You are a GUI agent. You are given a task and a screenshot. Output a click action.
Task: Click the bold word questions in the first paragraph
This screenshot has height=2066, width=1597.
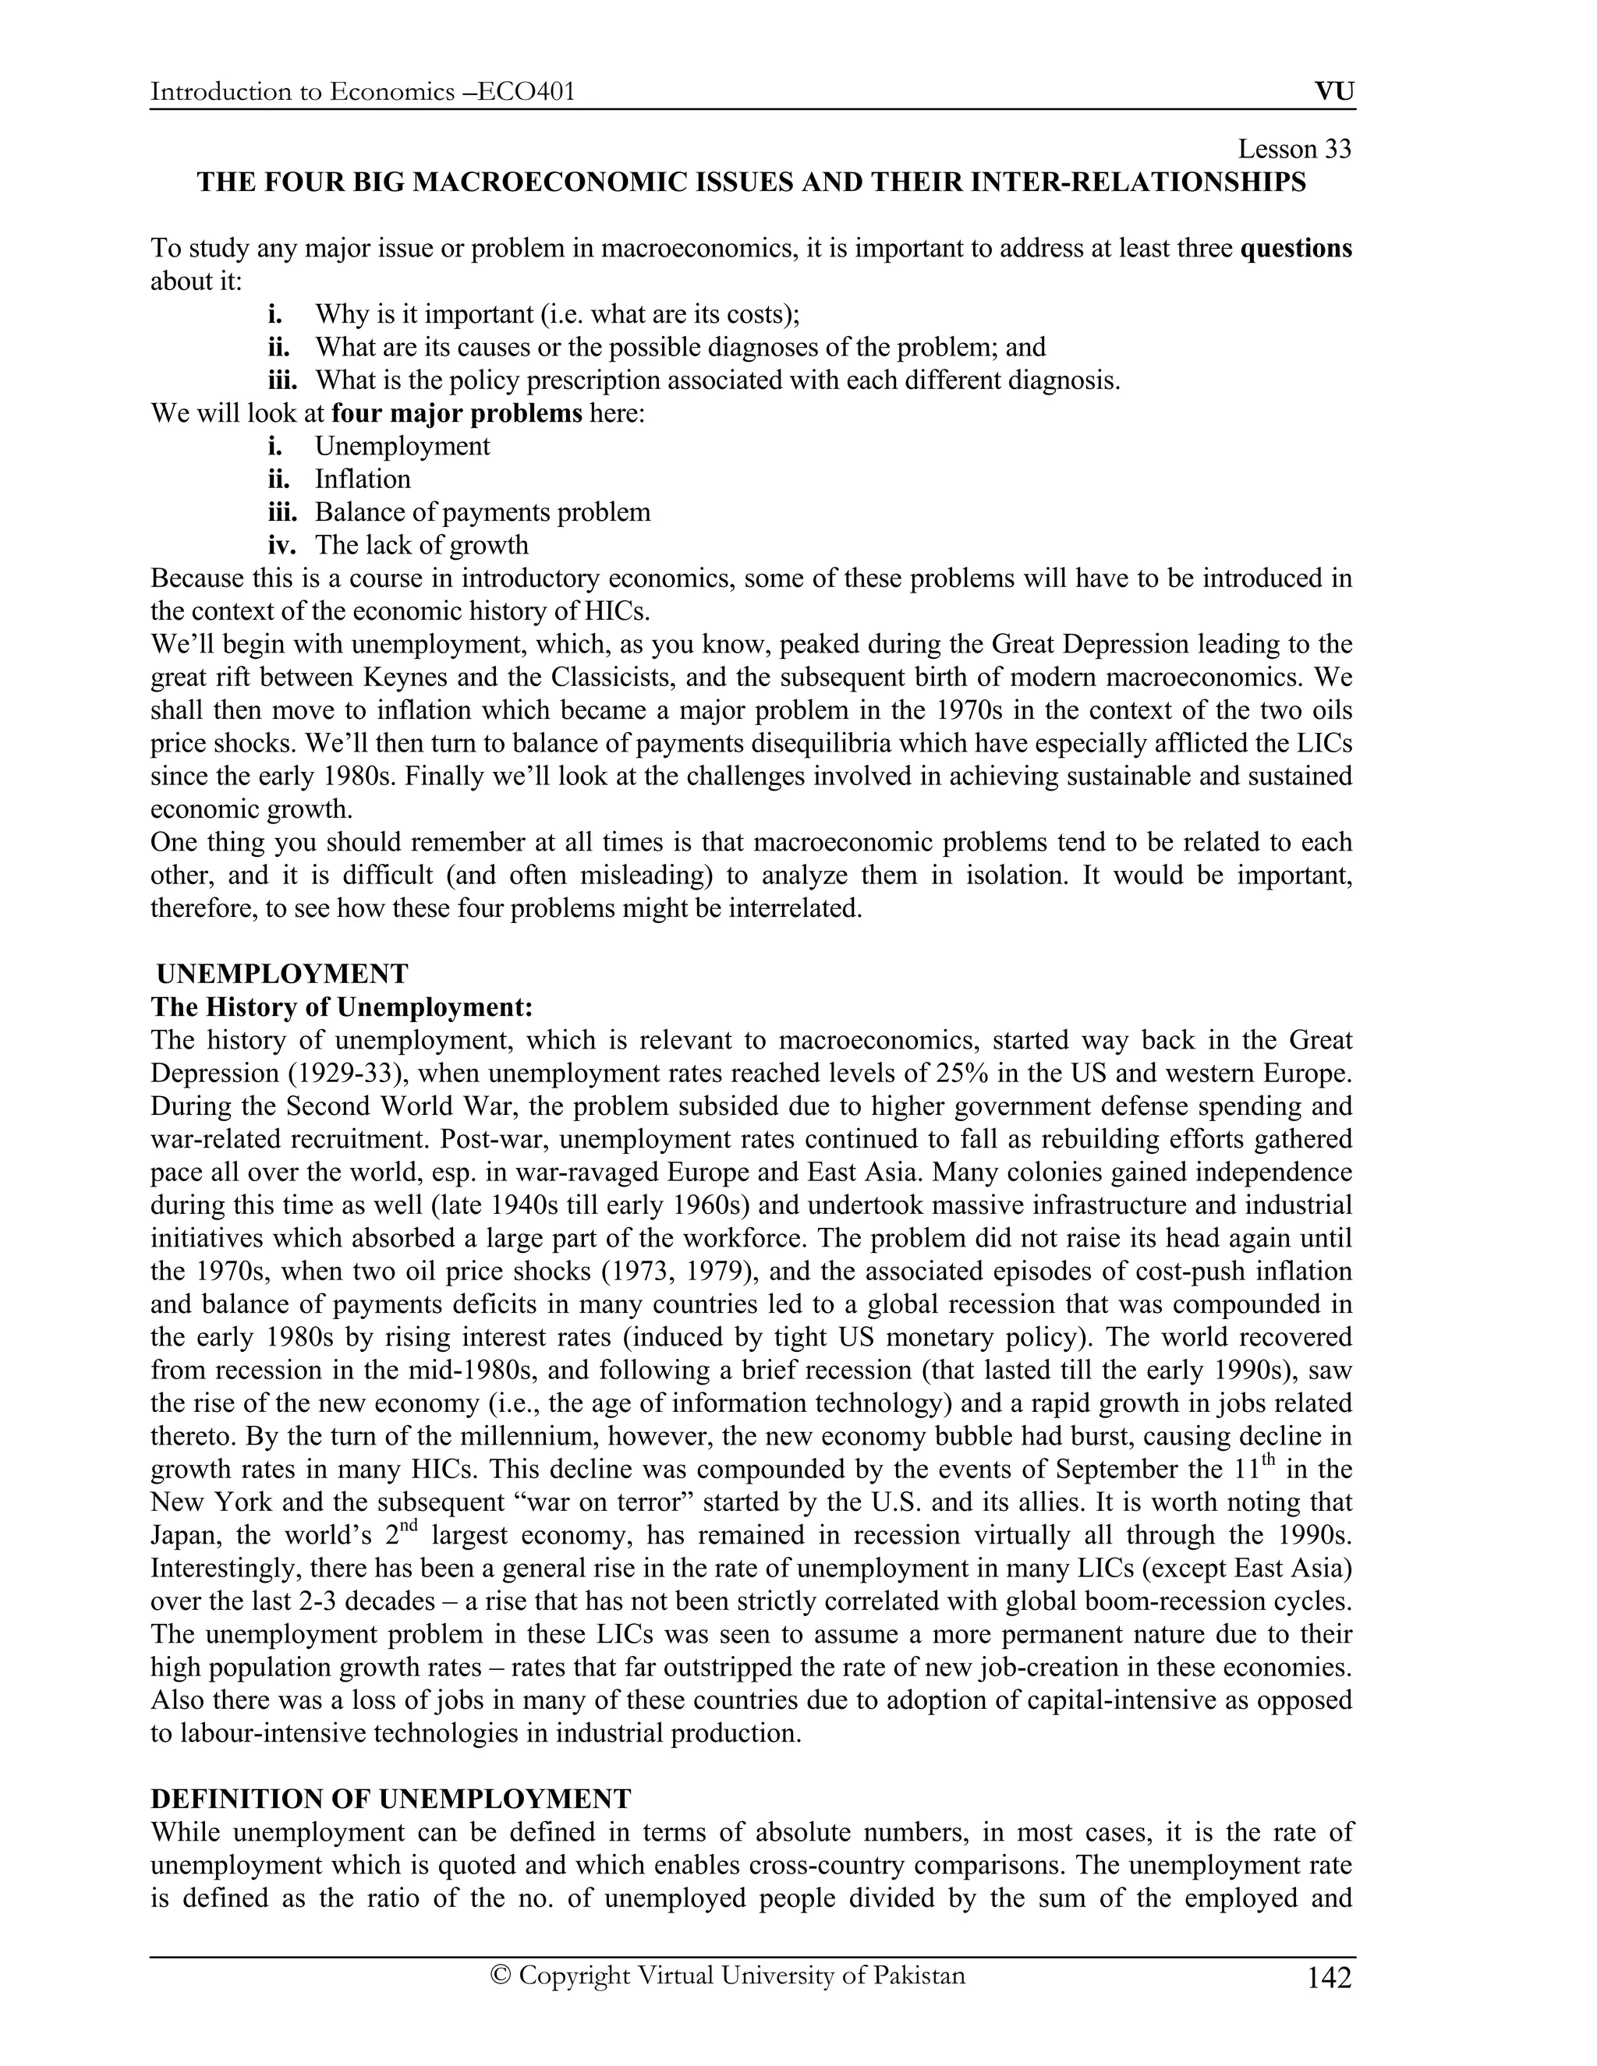1295,248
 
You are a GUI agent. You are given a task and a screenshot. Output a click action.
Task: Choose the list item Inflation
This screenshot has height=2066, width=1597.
363,479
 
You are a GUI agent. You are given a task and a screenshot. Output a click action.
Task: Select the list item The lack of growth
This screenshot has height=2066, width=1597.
421,545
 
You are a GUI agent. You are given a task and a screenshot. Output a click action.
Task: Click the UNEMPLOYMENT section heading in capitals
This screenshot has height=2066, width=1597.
282,974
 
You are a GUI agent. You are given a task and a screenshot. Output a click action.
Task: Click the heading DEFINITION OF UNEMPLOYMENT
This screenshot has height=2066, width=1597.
390,1799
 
